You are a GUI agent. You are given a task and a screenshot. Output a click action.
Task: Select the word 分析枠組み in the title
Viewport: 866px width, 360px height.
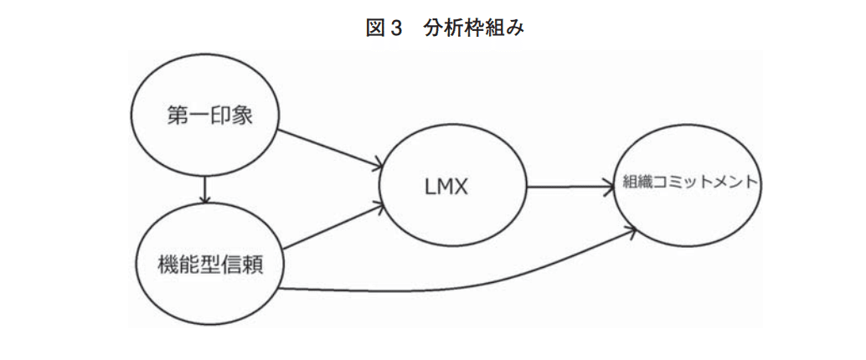tap(474, 27)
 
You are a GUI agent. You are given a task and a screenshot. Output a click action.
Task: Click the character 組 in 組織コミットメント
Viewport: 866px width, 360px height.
tap(631, 181)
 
